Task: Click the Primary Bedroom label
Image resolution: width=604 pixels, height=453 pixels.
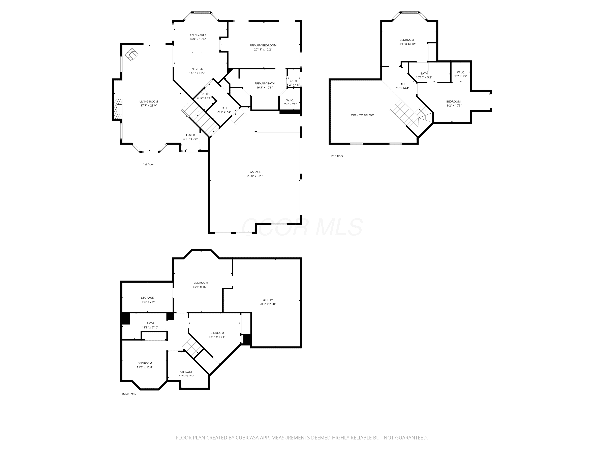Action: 263,45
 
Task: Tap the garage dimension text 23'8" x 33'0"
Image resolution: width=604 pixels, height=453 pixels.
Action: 255,176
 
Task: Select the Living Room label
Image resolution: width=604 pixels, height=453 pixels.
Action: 149,102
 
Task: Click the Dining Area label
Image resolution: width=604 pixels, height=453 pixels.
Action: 198,35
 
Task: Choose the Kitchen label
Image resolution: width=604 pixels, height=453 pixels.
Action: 197,69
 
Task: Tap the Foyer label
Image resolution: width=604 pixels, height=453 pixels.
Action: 190,135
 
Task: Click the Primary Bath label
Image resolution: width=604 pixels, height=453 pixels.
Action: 264,84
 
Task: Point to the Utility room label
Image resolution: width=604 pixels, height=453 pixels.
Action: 268,300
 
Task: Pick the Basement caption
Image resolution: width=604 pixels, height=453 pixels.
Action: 129,393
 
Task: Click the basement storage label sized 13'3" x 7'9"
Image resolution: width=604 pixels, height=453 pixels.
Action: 147,298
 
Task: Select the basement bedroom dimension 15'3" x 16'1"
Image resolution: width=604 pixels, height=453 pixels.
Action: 201,287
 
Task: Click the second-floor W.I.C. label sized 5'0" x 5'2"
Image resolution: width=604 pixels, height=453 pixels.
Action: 461,72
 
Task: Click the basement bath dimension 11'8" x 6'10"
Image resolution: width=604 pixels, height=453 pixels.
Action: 150,327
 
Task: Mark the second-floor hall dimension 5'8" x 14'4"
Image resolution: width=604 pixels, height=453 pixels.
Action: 402,88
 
